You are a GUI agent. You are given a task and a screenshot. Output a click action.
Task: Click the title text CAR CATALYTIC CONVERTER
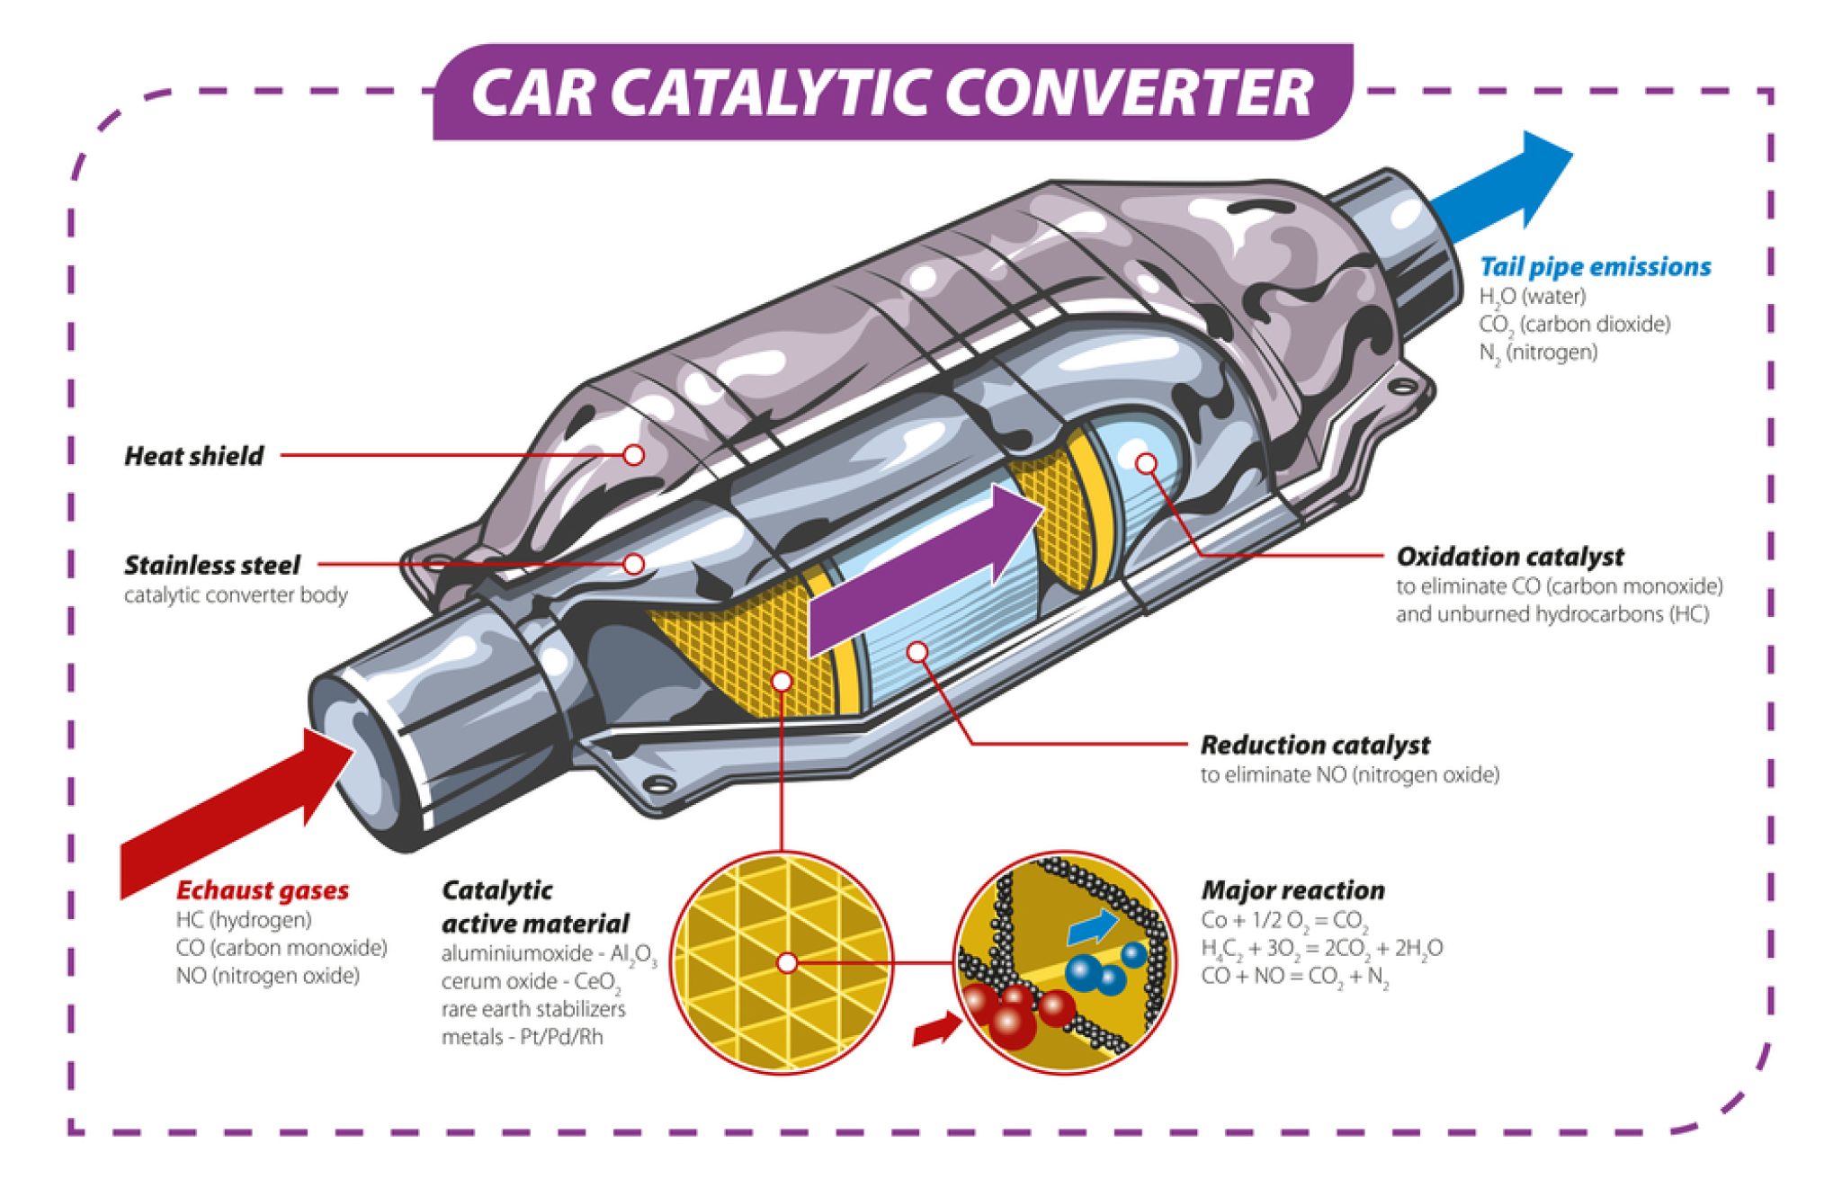click(890, 93)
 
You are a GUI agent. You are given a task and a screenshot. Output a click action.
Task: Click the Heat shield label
click(193, 456)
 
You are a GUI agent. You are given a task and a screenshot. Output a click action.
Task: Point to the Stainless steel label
click(211, 565)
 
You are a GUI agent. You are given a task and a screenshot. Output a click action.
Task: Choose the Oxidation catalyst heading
click(1509, 557)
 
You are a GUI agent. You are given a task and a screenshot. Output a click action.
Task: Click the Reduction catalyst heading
click(1314, 745)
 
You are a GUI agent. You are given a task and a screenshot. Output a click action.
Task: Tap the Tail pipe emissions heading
click(1595, 267)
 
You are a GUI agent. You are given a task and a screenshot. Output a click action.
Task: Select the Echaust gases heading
click(262, 890)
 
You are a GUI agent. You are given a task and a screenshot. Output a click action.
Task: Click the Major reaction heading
click(1292, 890)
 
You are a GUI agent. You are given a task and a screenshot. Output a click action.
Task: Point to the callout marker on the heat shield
click(633, 455)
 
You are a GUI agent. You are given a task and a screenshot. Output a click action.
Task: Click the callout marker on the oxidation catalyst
click(1146, 463)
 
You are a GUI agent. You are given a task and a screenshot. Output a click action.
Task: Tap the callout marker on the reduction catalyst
click(917, 651)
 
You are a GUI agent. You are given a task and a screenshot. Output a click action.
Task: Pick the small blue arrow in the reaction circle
click(1092, 927)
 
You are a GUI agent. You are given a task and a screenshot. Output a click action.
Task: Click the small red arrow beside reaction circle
click(936, 1030)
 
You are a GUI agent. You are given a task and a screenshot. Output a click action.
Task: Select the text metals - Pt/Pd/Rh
click(522, 1037)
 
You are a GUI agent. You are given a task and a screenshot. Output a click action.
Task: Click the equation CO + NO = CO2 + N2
click(1294, 977)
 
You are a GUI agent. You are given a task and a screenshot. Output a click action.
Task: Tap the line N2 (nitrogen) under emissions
click(1538, 353)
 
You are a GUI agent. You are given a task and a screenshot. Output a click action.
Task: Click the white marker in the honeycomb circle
click(787, 963)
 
